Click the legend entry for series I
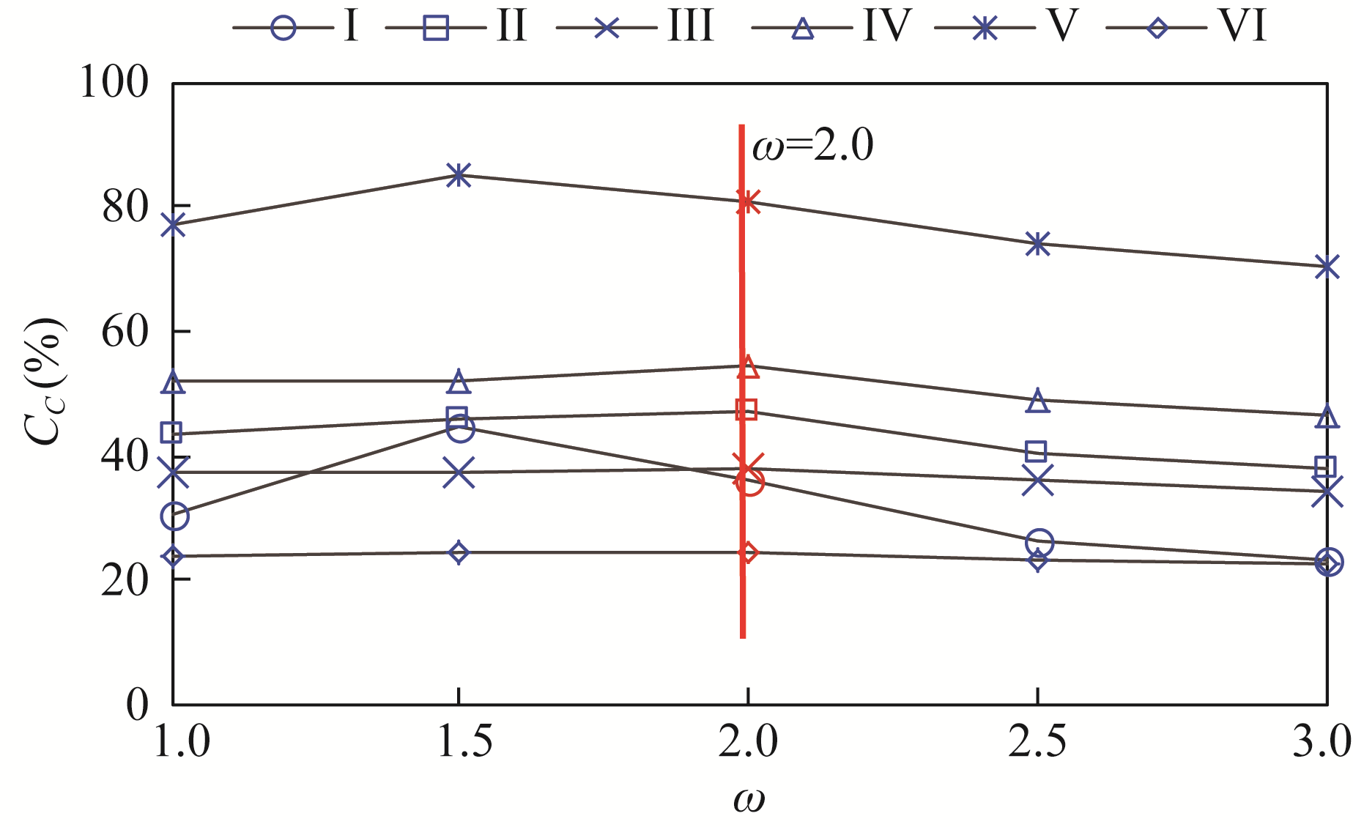click(x=297, y=27)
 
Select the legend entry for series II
click(x=456, y=27)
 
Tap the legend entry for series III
click(x=634, y=27)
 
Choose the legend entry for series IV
click(x=831, y=27)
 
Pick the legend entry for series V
click(x=1007, y=27)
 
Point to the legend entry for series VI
click(x=1187, y=27)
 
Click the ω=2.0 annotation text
click(x=813, y=146)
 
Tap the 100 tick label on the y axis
click(x=114, y=83)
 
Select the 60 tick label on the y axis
click(x=125, y=332)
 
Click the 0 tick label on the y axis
click(x=137, y=705)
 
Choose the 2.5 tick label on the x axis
click(x=1037, y=743)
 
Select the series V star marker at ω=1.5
click(x=459, y=175)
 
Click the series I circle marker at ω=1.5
click(x=459, y=429)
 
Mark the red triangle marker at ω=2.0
click(x=748, y=367)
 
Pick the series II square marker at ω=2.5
click(x=1036, y=451)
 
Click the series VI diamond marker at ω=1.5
click(x=459, y=552)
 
